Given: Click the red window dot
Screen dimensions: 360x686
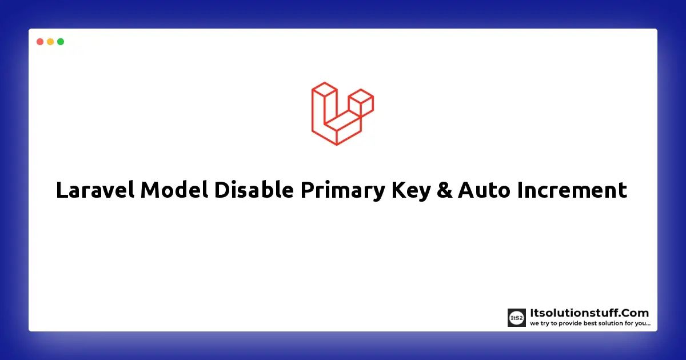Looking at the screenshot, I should click(x=40, y=42).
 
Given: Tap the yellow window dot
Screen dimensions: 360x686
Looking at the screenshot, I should click(x=50, y=42).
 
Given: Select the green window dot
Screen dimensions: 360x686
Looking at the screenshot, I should click(x=61, y=42).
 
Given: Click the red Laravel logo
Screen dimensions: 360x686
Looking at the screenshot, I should click(x=342, y=113).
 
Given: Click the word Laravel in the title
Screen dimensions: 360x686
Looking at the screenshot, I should click(x=95, y=190).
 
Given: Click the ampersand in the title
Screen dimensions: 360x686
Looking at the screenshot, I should click(x=444, y=190).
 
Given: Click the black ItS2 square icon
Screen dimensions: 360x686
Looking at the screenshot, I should click(x=516, y=318).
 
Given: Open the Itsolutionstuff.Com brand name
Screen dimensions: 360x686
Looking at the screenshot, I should click(x=589, y=313).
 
